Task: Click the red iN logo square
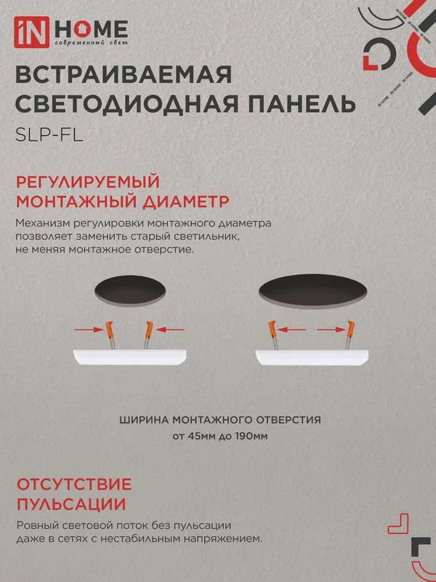point(31,32)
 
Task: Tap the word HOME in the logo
point(92,29)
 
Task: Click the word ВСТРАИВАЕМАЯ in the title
point(124,76)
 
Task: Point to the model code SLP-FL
point(49,135)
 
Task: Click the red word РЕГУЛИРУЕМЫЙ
point(88,183)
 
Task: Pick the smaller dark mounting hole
point(130,291)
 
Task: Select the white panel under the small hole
point(130,357)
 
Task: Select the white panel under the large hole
point(312,357)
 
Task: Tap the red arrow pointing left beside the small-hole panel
point(170,330)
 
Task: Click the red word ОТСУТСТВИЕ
point(74,485)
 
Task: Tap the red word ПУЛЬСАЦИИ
point(71,505)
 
